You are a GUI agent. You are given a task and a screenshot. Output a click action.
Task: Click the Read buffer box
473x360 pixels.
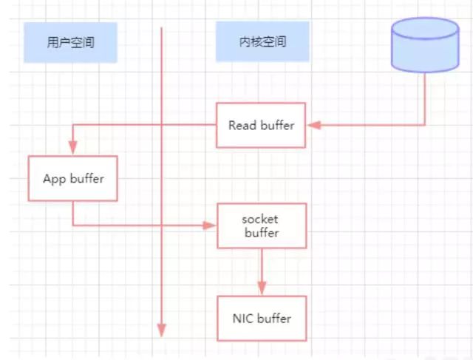pos(261,125)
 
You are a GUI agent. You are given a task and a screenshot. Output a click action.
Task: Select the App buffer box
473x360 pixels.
pos(73,178)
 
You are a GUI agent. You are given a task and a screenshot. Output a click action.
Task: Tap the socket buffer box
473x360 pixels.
pos(261,226)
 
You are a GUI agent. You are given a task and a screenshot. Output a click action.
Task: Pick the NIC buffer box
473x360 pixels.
pos(261,319)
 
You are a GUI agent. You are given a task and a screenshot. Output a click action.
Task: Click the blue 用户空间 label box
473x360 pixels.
pos(69,42)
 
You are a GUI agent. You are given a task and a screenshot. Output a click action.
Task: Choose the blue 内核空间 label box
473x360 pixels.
pos(261,42)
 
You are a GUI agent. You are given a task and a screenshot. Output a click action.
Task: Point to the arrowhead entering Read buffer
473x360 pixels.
pos(313,125)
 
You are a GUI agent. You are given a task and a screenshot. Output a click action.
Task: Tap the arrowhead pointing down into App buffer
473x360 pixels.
pos(73,149)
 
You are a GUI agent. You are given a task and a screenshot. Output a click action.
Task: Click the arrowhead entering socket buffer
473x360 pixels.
pos(211,226)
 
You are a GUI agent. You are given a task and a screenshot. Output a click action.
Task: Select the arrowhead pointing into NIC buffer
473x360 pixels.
pos(261,289)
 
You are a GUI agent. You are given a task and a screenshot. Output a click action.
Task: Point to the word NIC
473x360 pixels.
pos(242,319)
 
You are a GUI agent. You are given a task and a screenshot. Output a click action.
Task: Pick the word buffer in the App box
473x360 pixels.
pos(87,178)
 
